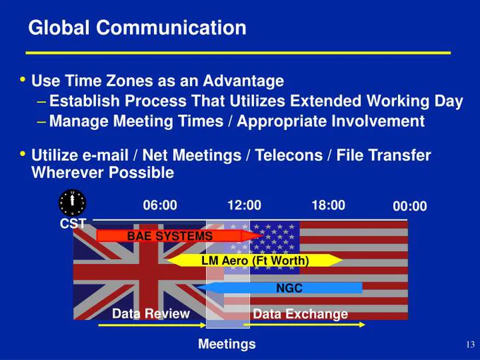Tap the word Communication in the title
(172, 28)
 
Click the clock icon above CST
(72, 203)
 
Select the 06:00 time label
(160, 205)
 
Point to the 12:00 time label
(244, 205)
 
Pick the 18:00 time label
(328, 205)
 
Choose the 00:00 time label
(410, 206)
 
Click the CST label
(73, 224)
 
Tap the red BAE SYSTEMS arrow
(180, 236)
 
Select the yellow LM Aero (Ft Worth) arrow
(255, 260)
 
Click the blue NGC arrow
(280, 288)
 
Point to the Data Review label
(151, 314)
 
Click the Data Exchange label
(300, 314)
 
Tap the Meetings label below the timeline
(227, 344)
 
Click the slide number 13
(471, 344)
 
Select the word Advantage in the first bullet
(244, 81)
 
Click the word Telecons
(289, 155)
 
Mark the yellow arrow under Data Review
(152, 325)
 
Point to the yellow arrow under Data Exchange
(304, 325)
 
